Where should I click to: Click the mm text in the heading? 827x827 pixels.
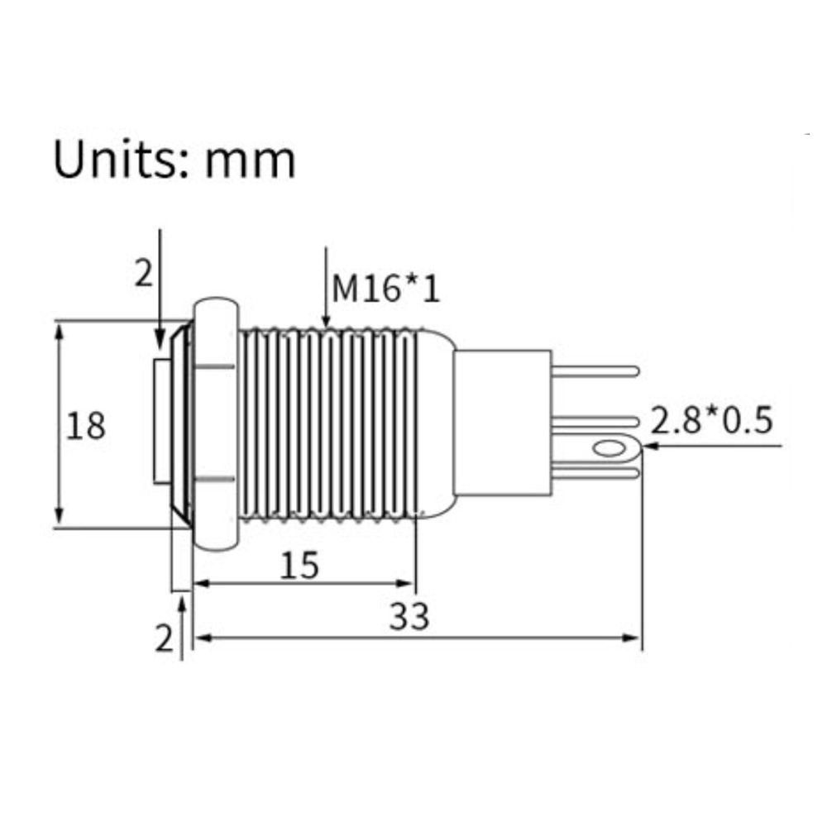point(250,163)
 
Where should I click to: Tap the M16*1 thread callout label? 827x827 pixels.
point(385,289)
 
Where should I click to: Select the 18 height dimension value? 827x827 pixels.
point(85,426)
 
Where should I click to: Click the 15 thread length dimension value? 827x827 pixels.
point(299,565)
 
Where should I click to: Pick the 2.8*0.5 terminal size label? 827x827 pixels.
point(711,420)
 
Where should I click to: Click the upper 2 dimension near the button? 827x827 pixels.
point(143,274)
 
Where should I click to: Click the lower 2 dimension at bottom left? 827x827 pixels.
point(164,638)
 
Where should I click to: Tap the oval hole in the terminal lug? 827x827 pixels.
point(609,449)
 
